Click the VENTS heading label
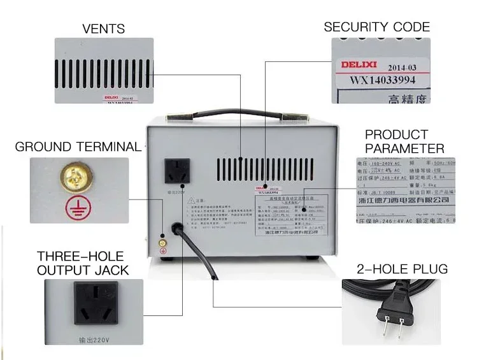coord(103,29)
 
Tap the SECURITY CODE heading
coord(376,27)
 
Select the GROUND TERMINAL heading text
coord(78,147)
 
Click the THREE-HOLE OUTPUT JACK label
coord(83,263)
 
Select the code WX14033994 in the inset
coord(381,81)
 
